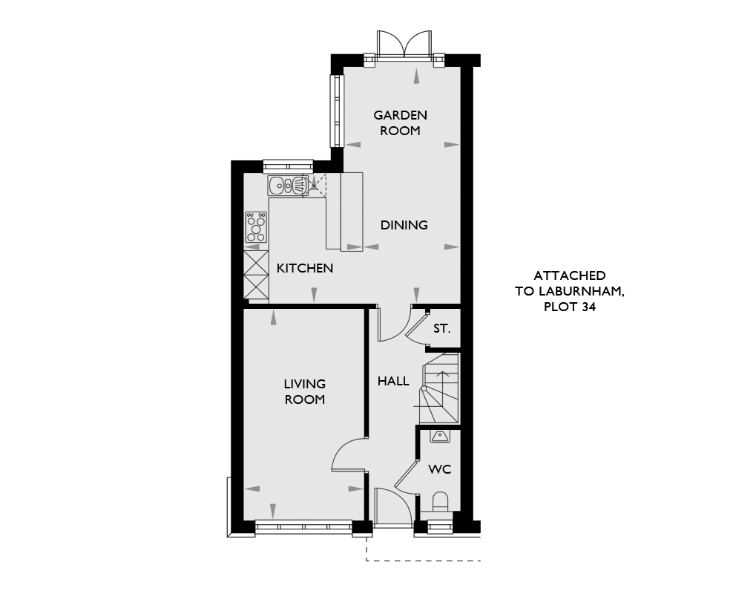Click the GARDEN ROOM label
pos(400,123)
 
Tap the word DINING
pos(404,226)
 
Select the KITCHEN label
pos(305,269)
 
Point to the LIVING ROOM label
pos(305,392)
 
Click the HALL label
pos(394,382)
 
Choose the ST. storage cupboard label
pos(441,329)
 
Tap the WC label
pos(441,469)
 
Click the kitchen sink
pos(287,186)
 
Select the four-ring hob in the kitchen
pos(256,227)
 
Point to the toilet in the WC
pos(441,503)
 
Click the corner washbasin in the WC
pos(440,437)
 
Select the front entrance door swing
pos(392,506)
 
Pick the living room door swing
pos(348,454)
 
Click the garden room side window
pos(337,111)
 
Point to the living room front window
pos(304,527)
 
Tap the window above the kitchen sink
pos(288,166)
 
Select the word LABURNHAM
pos(579,291)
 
